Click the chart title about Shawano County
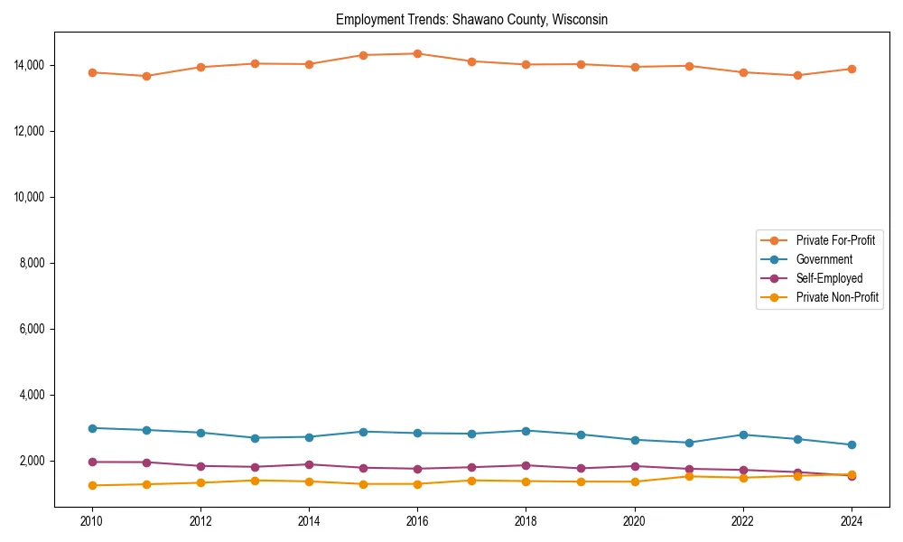[x=471, y=19]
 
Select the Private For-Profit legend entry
[x=835, y=240]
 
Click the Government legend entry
[x=824, y=259]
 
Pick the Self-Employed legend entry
[x=829, y=278]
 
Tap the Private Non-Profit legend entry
[x=837, y=297]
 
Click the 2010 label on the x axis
[x=91, y=521]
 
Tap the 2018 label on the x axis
[x=526, y=521]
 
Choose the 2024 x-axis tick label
[x=851, y=521]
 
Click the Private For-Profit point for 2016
[x=417, y=53]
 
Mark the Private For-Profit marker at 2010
[x=92, y=72]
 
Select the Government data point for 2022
[x=743, y=435]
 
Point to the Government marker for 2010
[x=92, y=428]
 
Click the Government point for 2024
[x=852, y=444]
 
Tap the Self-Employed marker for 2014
[x=309, y=464]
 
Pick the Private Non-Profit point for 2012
[x=200, y=482]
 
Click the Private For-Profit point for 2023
[x=797, y=75]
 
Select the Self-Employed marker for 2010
[x=92, y=462]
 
